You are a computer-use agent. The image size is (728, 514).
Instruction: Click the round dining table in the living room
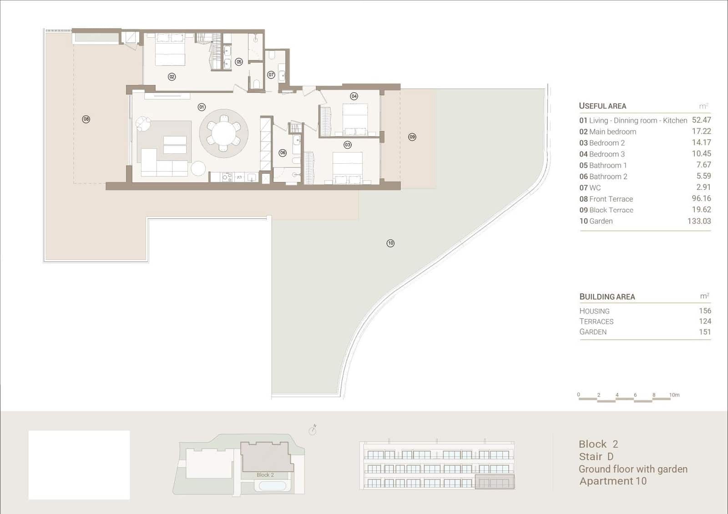coord(223,133)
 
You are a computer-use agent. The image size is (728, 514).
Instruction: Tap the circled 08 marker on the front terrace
coord(86,119)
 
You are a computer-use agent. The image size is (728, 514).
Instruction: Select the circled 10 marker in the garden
coord(390,243)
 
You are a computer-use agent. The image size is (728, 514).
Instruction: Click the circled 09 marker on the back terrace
coord(412,137)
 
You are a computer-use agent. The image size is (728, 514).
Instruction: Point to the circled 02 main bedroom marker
coord(172,77)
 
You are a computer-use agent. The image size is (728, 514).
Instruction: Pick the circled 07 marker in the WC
coord(271,75)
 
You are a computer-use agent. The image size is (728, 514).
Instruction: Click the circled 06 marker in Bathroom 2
coord(283,153)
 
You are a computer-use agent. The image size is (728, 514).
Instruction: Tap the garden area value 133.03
coord(699,221)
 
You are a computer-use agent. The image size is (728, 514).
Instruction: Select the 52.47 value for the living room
coord(701,120)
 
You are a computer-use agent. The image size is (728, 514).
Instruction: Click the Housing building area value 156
coord(705,311)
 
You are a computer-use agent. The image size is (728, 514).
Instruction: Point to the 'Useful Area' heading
coord(602,106)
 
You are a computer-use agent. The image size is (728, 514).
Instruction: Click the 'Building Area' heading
coord(607,297)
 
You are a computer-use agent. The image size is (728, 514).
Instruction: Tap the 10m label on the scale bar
coord(674,395)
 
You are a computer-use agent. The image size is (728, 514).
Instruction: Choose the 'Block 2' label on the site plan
coord(265,475)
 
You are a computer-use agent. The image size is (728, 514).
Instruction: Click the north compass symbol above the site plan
coord(313,430)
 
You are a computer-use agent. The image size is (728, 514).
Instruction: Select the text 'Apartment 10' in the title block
coord(613,481)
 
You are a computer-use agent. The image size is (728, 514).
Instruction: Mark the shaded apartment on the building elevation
coord(495,482)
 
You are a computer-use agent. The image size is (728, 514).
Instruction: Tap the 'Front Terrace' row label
coord(611,199)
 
